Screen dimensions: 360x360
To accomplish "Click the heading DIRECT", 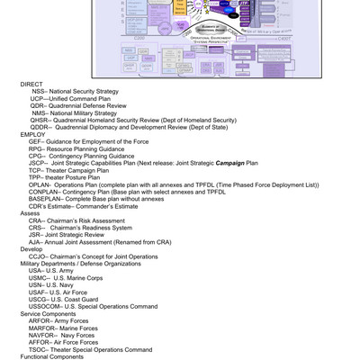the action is point(31,84).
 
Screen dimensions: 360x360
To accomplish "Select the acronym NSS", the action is point(39,91).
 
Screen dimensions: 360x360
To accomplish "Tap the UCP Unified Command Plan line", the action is point(72,98).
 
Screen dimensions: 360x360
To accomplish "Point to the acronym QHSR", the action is point(40,120).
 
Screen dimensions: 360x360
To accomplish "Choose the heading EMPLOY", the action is point(31,134).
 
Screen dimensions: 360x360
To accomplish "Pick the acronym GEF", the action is point(36,141).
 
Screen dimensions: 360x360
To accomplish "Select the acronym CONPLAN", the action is point(45,192).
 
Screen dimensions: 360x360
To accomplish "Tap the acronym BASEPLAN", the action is point(46,199).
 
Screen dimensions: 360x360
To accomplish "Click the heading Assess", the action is point(30,213).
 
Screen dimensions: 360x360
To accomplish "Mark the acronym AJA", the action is point(35,242).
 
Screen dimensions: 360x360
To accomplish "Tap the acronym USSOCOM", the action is point(45,307).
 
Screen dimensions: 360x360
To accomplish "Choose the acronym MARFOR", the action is point(42,328).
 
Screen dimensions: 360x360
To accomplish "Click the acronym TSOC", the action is point(38,350).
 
